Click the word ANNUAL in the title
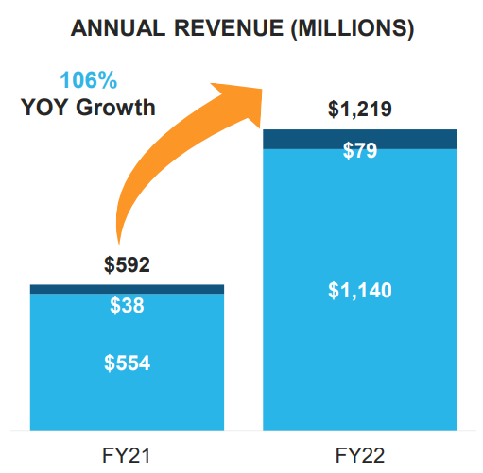(118, 28)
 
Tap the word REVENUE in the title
(229, 28)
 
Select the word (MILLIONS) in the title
(353, 29)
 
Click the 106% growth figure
(89, 80)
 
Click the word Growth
(115, 107)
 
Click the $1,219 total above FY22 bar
(360, 110)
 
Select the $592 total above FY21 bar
(127, 264)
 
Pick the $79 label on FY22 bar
(360, 150)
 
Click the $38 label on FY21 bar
(127, 305)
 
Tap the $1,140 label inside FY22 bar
(360, 290)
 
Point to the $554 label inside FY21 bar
(127, 363)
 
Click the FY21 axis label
(127, 455)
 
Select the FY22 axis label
(360, 455)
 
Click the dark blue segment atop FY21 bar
(127, 289)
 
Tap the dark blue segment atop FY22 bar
(360, 139)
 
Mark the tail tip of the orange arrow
(119, 245)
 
